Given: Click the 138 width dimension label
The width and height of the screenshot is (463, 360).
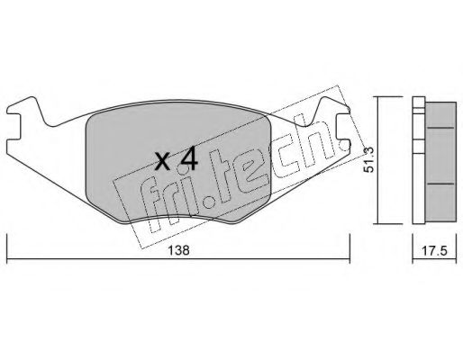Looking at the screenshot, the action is pos(178,250).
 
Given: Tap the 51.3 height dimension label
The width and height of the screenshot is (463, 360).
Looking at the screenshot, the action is pos(368,159).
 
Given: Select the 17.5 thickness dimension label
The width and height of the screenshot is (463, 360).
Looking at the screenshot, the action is pos(434,250).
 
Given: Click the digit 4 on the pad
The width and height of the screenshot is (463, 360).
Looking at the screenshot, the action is pos(188,160).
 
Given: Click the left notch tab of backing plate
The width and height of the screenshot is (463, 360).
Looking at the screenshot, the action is pos(14,127).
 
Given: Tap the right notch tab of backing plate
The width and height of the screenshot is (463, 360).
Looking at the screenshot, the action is pos(342,126).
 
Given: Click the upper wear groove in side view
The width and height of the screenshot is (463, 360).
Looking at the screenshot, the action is pos(440,128).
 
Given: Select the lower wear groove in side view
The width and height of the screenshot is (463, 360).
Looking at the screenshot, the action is pos(440,184).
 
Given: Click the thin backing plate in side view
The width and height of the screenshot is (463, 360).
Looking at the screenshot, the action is pos(419,160).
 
